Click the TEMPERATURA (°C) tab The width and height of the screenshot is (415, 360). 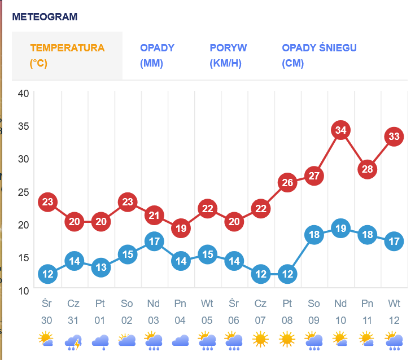[x=67, y=55]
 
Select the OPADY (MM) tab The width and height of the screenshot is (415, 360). [x=158, y=55]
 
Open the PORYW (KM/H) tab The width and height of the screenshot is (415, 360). [x=228, y=55]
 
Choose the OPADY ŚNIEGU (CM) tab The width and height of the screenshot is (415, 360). [x=319, y=55]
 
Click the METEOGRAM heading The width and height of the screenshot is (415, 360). [x=45, y=17]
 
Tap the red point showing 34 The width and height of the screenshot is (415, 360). [x=340, y=130]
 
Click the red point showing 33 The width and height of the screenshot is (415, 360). [x=394, y=137]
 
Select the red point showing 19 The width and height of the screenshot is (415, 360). [x=181, y=229]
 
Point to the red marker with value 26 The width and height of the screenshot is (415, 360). [x=287, y=182]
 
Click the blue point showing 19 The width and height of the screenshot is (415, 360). [x=340, y=229]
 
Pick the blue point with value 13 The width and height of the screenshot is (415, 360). [x=101, y=267]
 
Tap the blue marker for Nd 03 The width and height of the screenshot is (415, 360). [x=154, y=242]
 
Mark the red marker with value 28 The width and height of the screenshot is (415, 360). [x=368, y=169]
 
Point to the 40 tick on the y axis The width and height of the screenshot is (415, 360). [x=23, y=93]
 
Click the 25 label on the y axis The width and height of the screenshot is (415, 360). [x=23, y=192]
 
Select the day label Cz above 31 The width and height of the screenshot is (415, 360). [x=73, y=304]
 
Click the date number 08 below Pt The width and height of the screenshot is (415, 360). [x=287, y=321]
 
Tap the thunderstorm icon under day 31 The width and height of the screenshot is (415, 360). [x=73, y=341]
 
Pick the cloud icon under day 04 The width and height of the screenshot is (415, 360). [x=181, y=341]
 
